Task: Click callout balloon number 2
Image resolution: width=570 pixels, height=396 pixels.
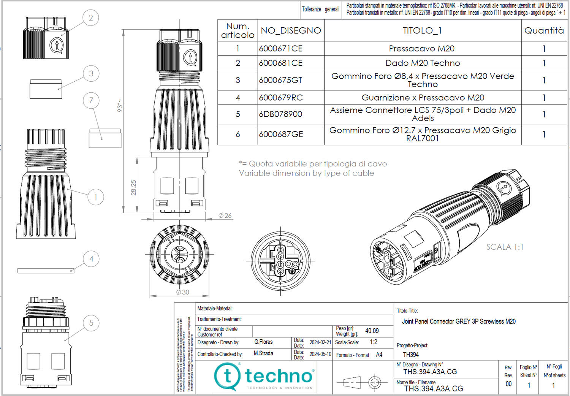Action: (90, 18)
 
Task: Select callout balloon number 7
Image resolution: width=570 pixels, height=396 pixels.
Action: (91, 101)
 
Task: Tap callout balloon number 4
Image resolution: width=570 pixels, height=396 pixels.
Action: (91, 259)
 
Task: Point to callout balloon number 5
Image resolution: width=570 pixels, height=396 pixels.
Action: (91, 323)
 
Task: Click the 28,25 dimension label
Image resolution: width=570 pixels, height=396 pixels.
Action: (133, 188)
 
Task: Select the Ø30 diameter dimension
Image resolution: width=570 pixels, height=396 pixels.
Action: (183, 292)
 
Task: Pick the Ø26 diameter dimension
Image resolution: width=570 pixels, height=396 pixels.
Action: (225, 215)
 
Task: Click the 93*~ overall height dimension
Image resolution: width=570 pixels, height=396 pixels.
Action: (120, 105)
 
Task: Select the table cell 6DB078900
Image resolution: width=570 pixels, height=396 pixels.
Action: (280, 114)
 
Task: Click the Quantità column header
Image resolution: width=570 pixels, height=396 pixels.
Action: (544, 30)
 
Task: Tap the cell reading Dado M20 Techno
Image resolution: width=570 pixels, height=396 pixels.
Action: (423, 63)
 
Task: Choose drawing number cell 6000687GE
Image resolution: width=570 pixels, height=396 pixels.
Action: (281, 135)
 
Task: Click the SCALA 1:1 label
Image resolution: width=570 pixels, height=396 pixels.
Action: (505, 247)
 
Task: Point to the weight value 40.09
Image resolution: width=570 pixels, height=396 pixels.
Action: (372, 331)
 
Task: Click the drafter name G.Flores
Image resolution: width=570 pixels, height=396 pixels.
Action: (263, 342)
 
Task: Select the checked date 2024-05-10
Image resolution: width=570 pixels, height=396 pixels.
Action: (320, 354)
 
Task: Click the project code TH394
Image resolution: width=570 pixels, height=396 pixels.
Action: (411, 355)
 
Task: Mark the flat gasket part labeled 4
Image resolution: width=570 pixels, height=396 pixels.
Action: (46, 271)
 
